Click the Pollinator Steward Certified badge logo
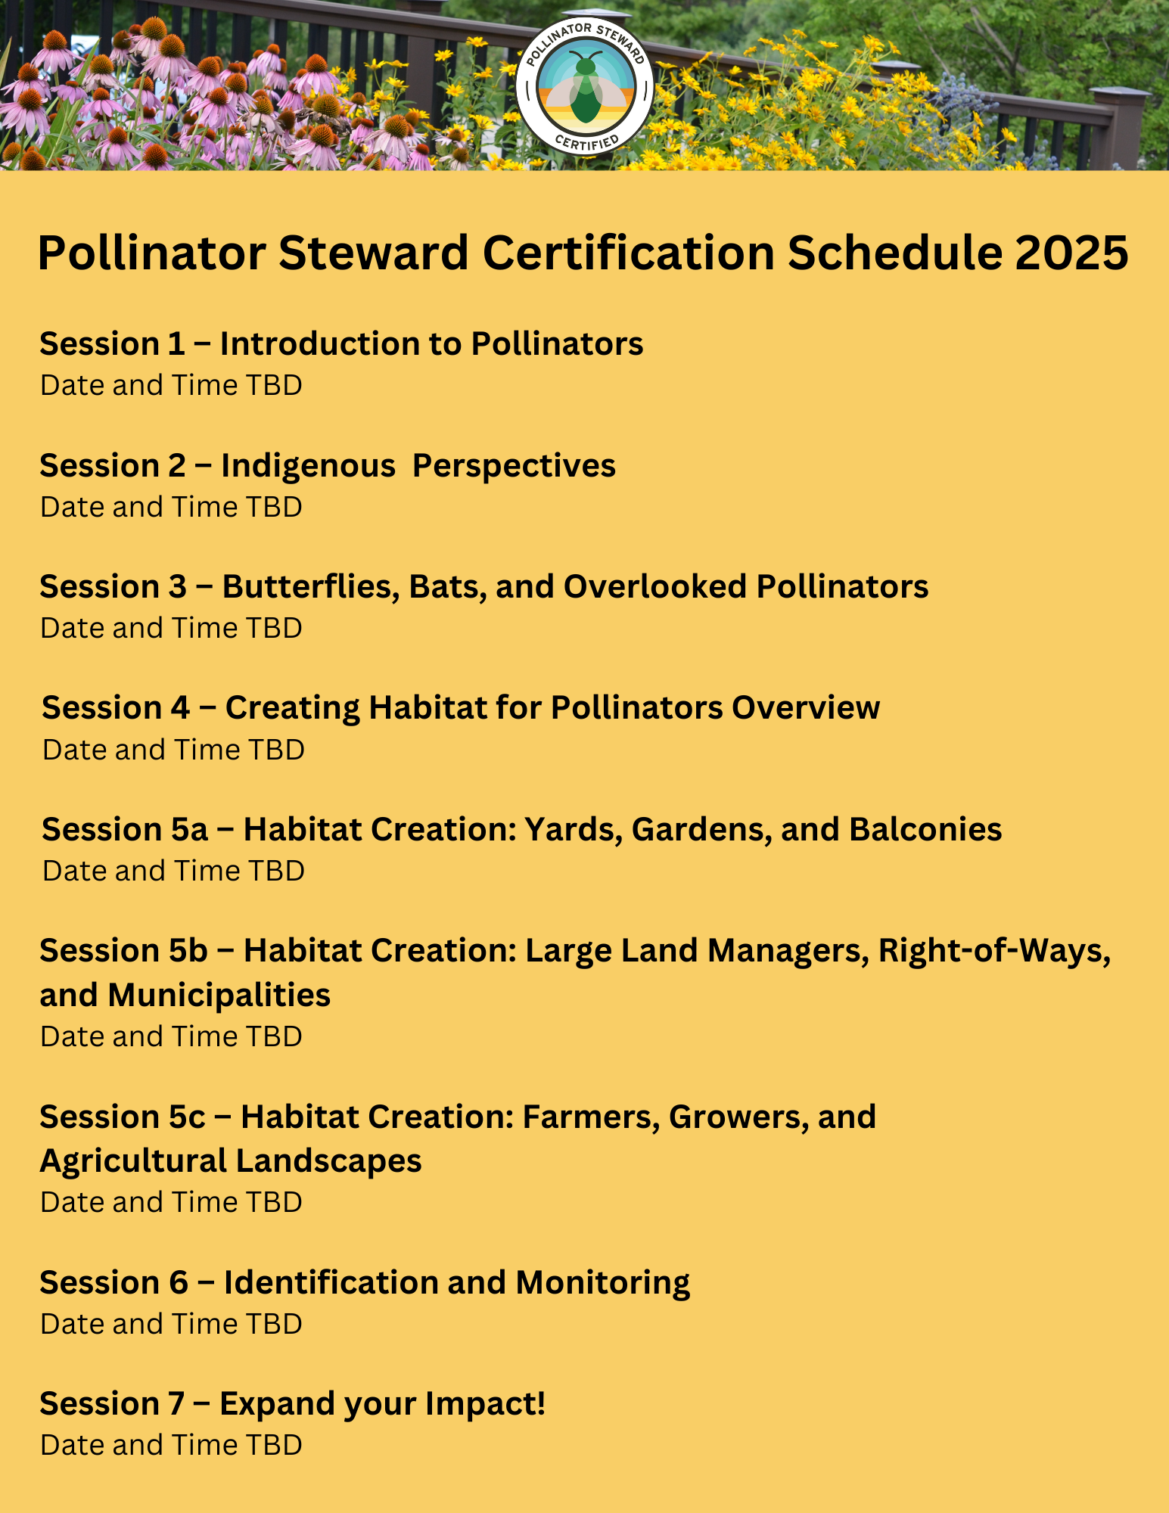[x=585, y=86]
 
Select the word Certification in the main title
[x=629, y=253]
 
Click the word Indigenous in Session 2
[x=308, y=466]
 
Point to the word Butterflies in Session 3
[x=310, y=587]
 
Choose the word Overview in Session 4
[x=806, y=708]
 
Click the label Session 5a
[x=125, y=829]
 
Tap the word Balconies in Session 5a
[x=925, y=829]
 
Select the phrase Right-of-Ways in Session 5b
[x=994, y=951]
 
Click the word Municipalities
[x=219, y=996]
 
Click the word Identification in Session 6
[x=331, y=1282]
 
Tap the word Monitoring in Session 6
[x=603, y=1284]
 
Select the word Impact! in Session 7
[x=485, y=1405]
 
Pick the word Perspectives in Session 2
[x=514, y=467]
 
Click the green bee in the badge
[x=585, y=89]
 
